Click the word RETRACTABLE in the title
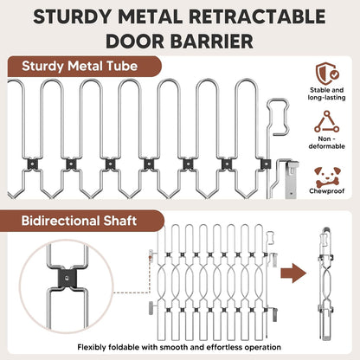(257, 16)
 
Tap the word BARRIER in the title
(212, 42)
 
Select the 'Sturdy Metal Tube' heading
(80, 66)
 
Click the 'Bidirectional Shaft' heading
(79, 221)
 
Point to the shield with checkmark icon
(327, 74)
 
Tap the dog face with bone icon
(327, 177)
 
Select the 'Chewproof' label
(327, 191)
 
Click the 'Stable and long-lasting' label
(326, 93)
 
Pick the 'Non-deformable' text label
(326, 143)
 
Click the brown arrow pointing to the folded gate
(293, 273)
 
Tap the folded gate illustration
(325, 284)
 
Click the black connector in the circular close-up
(67, 278)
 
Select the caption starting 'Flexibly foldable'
(179, 347)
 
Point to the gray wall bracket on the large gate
(291, 179)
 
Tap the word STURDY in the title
(72, 16)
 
